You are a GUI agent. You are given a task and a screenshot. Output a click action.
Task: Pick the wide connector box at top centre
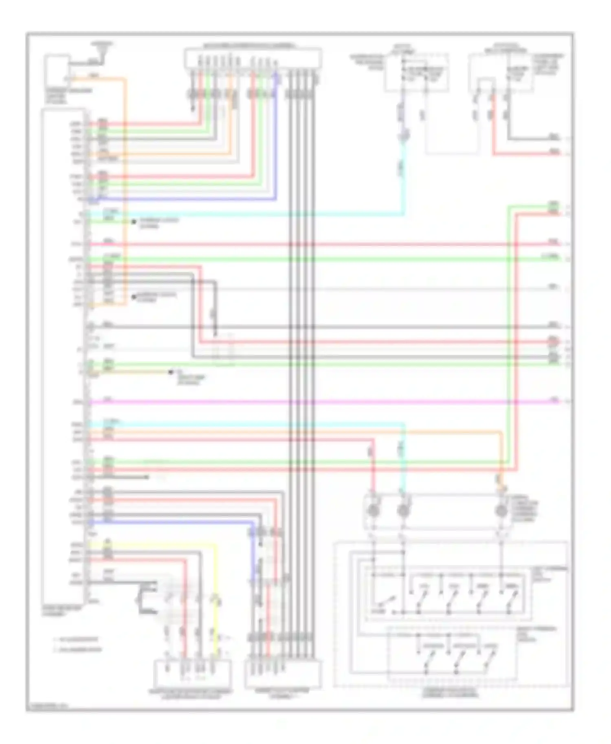[x=253, y=59]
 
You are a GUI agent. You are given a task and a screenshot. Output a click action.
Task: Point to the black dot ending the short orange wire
[x=171, y=372]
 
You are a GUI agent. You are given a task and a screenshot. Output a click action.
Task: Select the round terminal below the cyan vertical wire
[x=403, y=510]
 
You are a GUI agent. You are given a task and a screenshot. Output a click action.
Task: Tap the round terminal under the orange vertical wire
[x=501, y=510]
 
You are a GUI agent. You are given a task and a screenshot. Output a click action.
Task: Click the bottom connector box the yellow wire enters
[x=192, y=674]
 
